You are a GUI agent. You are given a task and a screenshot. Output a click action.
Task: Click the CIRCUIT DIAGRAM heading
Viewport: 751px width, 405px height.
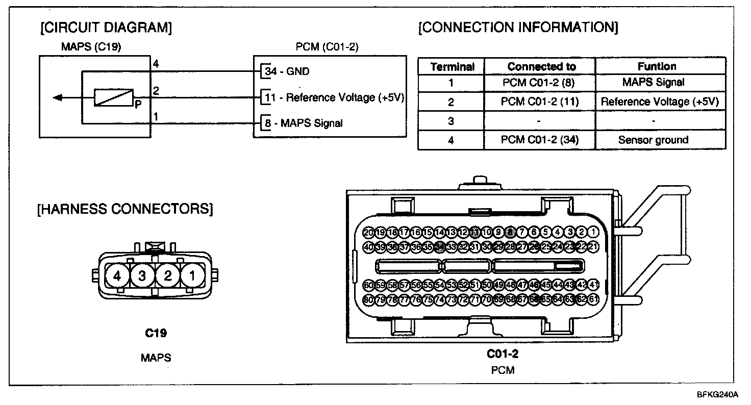(106, 28)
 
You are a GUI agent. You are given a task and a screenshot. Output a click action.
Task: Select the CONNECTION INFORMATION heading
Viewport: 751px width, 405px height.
(518, 27)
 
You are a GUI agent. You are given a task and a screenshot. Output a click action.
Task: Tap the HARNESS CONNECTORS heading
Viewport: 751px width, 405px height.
(125, 209)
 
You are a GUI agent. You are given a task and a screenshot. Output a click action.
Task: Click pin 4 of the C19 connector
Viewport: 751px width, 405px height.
(117, 276)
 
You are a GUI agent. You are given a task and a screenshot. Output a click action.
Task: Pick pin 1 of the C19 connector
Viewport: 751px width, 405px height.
(192, 276)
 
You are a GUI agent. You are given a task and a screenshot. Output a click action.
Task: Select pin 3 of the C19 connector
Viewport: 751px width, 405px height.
(142, 276)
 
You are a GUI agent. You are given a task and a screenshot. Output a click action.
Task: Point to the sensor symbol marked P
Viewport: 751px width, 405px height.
(113, 97)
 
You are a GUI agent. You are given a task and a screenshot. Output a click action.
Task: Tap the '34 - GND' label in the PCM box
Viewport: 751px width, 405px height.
(287, 71)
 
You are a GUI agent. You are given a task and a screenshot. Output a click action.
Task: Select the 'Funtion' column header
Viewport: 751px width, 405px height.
(657, 66)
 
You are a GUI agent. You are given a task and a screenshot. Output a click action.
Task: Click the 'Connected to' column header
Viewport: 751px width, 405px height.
(541, 67)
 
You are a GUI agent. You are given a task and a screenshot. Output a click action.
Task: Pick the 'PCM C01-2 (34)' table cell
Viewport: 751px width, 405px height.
(540, 140)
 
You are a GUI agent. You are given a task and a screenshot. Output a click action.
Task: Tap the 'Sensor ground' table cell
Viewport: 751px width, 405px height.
(654, 140)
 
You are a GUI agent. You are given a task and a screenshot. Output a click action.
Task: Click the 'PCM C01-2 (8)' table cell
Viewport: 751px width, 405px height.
(540, 82)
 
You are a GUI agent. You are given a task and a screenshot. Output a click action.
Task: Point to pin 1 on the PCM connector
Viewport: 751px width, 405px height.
(593, 232)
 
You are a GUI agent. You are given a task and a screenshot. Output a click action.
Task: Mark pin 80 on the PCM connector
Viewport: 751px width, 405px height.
(369, 300)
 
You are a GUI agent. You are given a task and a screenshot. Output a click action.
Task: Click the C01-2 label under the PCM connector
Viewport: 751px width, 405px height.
(503, 353)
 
